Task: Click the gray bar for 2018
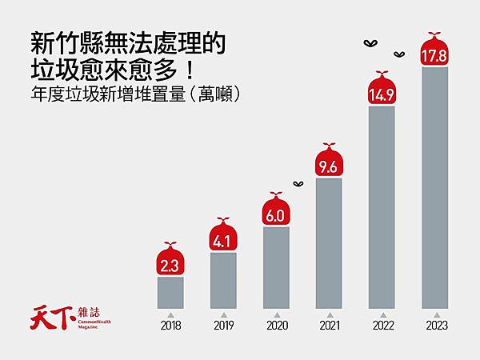(170, 292)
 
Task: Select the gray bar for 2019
(223, 280)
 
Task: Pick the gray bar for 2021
(329, 242)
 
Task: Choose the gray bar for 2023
(434, 187)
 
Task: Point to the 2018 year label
(170, 326)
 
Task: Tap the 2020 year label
(276, 326)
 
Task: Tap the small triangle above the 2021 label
(329, 314)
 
